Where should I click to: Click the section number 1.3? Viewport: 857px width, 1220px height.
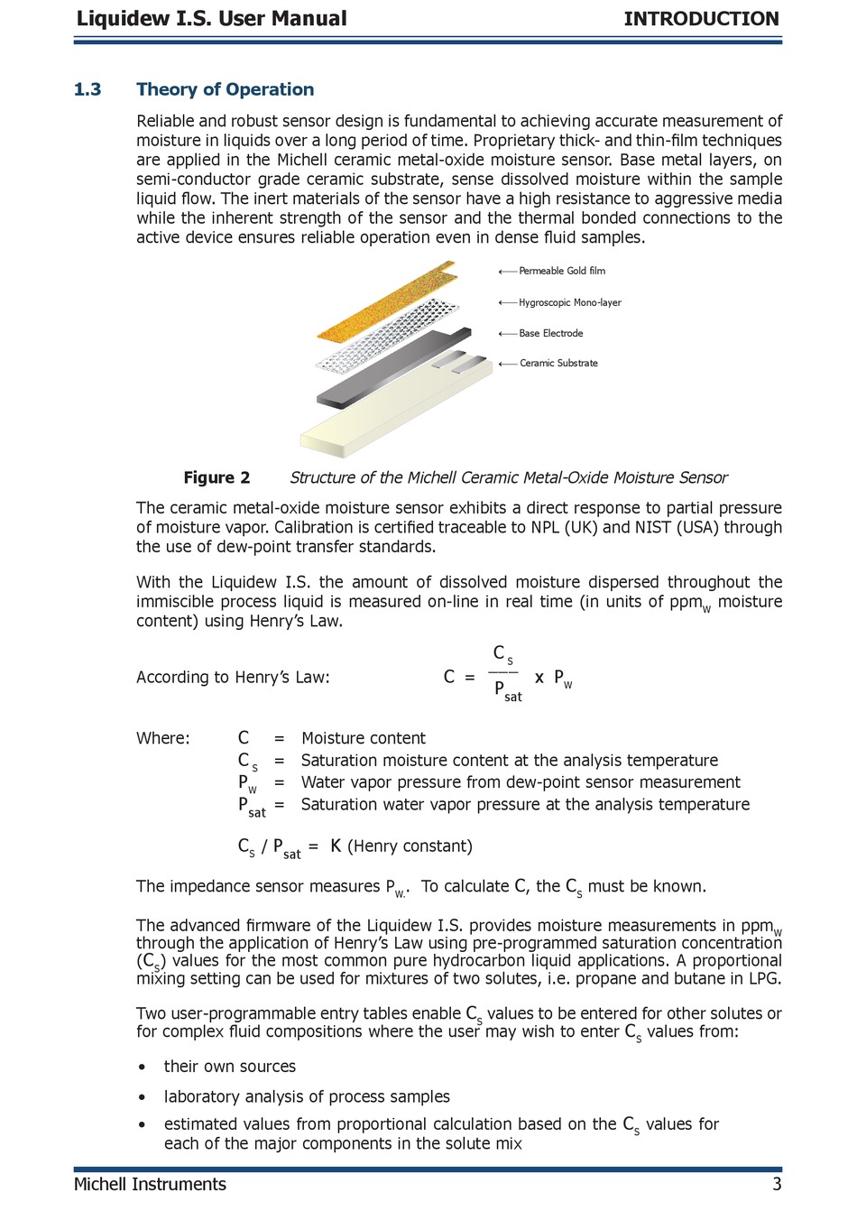point(88,89)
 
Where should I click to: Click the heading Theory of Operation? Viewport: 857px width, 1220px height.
point(225,89)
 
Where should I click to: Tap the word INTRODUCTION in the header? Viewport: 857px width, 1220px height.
point(701,19)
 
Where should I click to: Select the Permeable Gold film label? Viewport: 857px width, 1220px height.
point(562,271)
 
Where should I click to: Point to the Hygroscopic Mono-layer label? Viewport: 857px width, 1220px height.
point(570,302)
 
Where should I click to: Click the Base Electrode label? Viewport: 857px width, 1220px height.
point(551,333)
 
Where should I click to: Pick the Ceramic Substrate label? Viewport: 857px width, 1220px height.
point(558,363)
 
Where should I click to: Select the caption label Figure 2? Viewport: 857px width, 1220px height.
point(217,477)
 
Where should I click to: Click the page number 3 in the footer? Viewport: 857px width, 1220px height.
point(777,1184)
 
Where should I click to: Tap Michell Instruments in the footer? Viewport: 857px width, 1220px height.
point(150,1184)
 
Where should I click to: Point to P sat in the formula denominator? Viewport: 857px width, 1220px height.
point(507,691)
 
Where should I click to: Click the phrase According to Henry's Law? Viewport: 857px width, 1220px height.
point(233,677)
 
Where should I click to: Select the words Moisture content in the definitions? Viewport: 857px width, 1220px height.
point(364,738)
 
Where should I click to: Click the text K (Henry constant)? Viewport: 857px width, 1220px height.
point(401,846)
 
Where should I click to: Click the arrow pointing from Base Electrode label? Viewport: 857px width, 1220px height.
point(507,333)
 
